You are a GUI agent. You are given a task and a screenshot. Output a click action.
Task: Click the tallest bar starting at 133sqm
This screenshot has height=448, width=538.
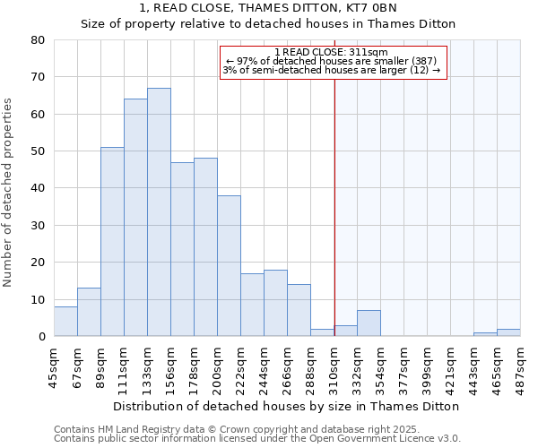(159, 212)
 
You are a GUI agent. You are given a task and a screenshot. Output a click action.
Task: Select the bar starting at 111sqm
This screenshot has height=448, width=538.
(135, 218)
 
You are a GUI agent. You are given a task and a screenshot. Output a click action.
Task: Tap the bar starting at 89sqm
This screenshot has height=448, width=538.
(112, 242)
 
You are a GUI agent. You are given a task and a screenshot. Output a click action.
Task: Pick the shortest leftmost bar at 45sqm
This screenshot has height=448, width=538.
(65, 322)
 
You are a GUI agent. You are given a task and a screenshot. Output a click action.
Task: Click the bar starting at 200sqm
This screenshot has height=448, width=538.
(229, 266)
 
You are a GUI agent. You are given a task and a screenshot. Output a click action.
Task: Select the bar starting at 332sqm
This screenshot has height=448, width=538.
(369, 323)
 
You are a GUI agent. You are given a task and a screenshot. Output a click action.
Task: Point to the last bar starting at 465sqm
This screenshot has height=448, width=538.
(508, 332)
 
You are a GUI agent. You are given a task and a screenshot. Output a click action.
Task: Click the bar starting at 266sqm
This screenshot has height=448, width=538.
(299, 310)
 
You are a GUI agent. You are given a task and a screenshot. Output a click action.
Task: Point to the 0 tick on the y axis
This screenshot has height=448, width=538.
(41, 337)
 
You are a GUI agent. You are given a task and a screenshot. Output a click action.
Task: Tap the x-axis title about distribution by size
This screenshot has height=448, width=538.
(286, 406)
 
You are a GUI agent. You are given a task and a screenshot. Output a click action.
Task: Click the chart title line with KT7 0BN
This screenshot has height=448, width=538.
(268, 7)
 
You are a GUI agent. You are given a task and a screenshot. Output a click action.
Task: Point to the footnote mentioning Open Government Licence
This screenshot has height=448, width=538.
(256, 438)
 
